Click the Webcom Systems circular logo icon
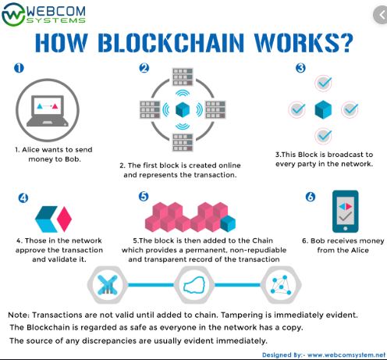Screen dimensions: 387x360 [x=13, y=14]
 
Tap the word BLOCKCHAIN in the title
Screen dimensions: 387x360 [x=171, y=43]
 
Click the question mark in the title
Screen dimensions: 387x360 [x=346, y=43]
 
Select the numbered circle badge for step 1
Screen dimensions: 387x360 [x=19, y=68]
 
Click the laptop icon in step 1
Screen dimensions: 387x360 [x=48, y=111]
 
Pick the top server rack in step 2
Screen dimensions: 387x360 [x=183, y=77]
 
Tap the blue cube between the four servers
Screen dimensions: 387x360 [x=183, y=109]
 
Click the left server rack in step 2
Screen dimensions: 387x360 [x=150, y=109]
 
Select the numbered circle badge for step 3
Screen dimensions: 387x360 [x=300, y=68]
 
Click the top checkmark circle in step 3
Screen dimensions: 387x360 [x=323, y=83]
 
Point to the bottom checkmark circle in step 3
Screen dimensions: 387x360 [x=323, y=136]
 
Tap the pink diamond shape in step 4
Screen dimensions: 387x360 [x=64, y=219]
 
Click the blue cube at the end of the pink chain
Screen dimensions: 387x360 [x=228, y=223]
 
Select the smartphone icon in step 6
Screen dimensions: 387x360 [x=345, y=212]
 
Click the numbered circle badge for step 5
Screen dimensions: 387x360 [x=144, y=196]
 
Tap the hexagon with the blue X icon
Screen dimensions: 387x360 [x=108, y=285]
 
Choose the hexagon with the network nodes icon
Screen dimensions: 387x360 [x=281, y=285]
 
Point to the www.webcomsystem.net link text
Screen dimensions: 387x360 [x=346, y=355]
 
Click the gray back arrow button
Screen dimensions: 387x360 [x=381, y=15]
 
